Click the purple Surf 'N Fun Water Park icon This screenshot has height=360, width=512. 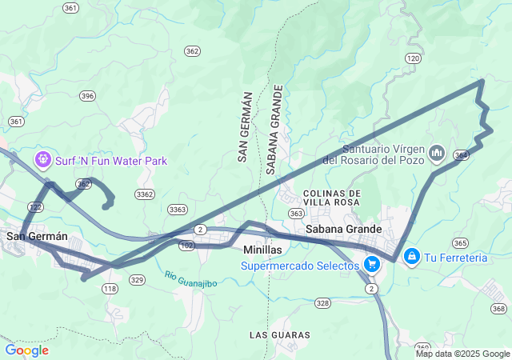click(42, 161)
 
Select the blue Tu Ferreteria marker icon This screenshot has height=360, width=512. click(411, 257)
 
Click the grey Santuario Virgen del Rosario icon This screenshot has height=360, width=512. click(437, 151)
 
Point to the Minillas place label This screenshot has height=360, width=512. click(262, 250)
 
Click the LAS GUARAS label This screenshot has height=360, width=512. click(276, 333)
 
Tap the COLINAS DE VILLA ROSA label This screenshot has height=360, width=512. click(332, 198)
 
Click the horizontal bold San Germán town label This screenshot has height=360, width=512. click(36, 236)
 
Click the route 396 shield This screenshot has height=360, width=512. click(87, 96)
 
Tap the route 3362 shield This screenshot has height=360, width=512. click(145, 194)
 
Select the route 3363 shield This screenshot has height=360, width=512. click(178, 210)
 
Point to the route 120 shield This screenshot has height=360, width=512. click(413, 58)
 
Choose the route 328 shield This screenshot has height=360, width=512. click(322, 302)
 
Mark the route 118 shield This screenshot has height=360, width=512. click(110, 289)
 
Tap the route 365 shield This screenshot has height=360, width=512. click(460, 242)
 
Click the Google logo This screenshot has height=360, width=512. click(26, 350)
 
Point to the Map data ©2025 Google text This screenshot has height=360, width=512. click(462, 354)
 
